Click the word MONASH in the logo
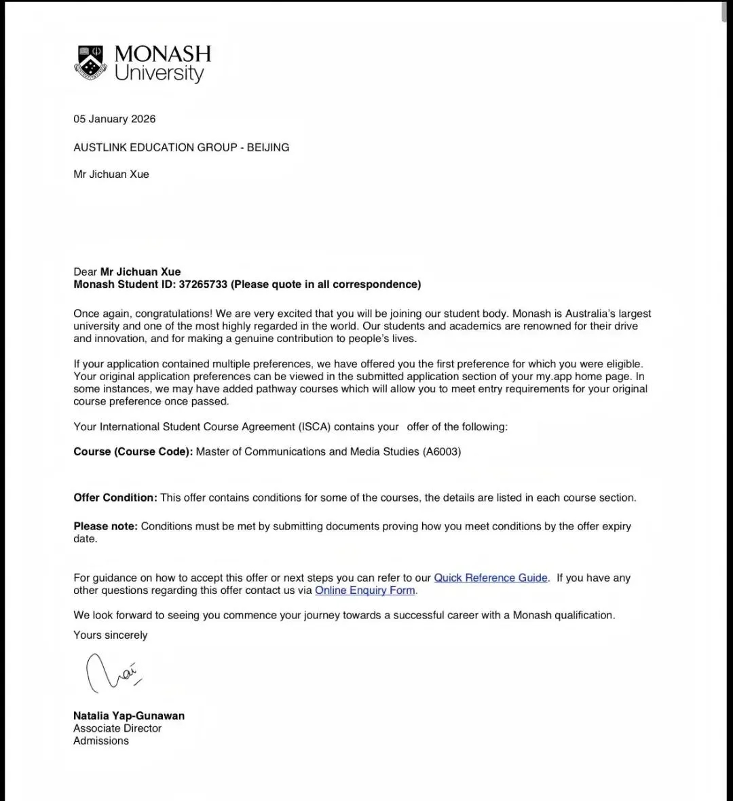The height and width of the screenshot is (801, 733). point(163,54)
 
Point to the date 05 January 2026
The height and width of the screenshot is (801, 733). point(115,119)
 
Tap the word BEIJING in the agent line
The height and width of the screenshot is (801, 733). point(268,147)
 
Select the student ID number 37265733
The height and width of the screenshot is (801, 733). point(203,284)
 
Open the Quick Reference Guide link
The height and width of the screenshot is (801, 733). point(491,578)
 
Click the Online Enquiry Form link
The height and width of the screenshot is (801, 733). point(365,591)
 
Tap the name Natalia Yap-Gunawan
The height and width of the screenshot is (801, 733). point(129,715)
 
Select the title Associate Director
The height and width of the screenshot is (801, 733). point(117,728)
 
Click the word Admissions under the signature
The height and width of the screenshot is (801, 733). point(101,741)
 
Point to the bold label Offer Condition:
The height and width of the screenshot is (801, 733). point(115,498)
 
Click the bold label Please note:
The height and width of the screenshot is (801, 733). point(105,526)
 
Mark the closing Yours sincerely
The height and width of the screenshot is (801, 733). point(111,635)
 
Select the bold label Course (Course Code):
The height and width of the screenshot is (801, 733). point(133,451)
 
